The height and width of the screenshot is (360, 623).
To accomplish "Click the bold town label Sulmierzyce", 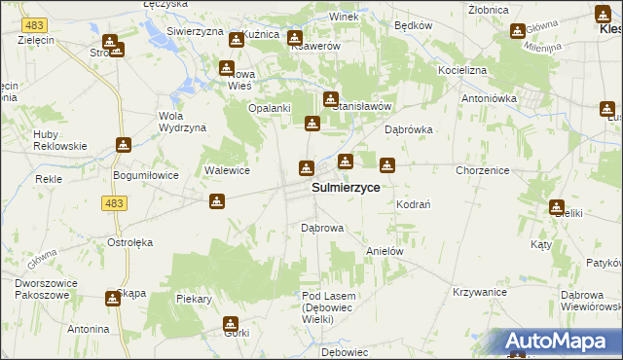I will point(346,187).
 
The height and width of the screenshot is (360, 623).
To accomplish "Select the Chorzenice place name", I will point(482,170).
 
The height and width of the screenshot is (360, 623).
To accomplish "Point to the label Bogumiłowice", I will point(141,175).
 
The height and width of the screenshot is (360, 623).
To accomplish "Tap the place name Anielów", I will point(384,250).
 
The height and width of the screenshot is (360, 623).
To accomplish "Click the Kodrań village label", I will point(414,203).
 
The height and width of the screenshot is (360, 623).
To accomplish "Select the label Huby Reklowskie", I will point(59,139).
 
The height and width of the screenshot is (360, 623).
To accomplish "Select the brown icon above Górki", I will point(231,324).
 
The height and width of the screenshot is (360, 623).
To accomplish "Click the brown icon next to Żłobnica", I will point(517,30).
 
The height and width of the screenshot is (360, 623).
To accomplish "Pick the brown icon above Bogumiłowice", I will point(124,145).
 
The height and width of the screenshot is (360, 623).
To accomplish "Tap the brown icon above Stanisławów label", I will point(331,98).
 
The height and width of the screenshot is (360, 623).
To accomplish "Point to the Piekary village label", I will point(195,299).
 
